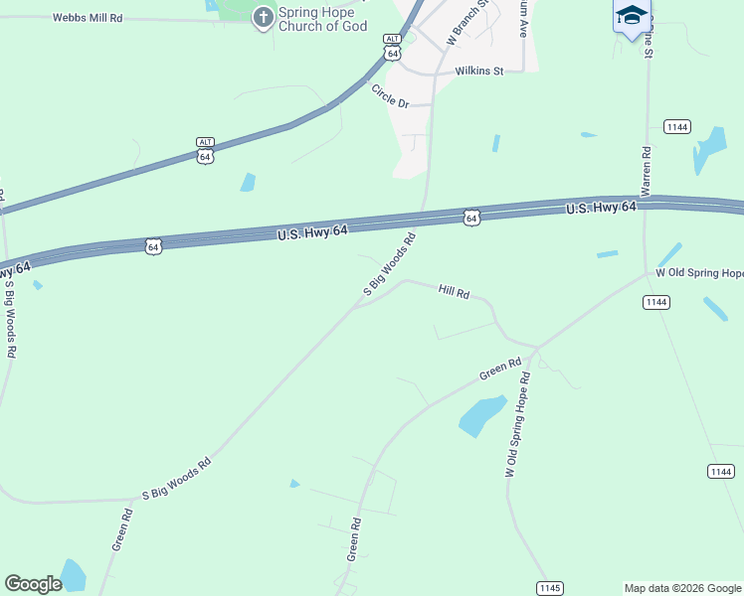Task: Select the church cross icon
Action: (x=263, y=17)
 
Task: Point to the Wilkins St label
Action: (x=480, y=71)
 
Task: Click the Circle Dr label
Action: (x=391, y=96)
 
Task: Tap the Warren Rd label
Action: (x=647, y=172)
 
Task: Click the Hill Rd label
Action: (x=453, y=292)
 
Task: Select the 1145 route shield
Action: (x=550, y=587)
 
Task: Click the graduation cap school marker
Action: (x=632, y=16)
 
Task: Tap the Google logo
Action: (x=33, y=584)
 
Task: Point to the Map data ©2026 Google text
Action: (x=682, y=588)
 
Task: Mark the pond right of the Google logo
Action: (x=72, y=575)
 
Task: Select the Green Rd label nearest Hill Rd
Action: (x=500, y=370)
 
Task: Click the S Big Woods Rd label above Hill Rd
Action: (x=389, y=264)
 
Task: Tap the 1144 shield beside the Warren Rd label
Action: (x=677, y=126)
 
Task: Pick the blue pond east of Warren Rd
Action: (x=711, y=147)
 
